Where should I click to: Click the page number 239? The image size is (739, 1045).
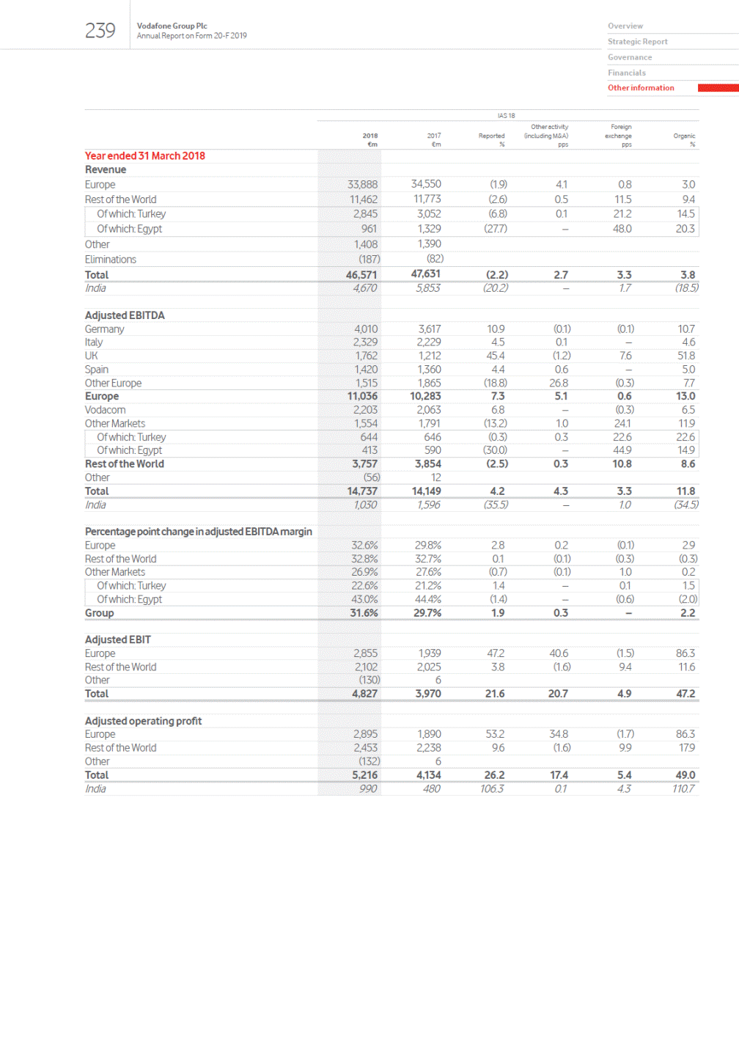click(100, 30)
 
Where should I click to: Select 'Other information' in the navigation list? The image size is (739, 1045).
click(641, 88)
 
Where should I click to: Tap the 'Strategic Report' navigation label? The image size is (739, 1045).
click(637, 42)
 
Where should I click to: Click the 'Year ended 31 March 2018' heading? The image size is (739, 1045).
click(144, 155)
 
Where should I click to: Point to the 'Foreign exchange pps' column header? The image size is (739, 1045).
click(619, 136)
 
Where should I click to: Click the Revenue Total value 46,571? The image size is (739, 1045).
click(361, 275)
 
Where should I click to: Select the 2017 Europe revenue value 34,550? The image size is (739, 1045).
click(426, 184)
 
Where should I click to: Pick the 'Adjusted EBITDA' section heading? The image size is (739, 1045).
click(125, 315)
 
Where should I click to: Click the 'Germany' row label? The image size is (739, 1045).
click(104, 329)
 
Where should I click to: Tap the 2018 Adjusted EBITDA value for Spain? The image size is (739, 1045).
click(366, 370)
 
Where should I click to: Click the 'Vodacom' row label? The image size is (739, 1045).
click(105, 410)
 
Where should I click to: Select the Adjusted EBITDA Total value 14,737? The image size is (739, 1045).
click(362, 491)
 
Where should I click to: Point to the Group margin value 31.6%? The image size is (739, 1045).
click(364, 613)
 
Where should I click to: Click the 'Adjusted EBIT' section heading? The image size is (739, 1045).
click(117, 639)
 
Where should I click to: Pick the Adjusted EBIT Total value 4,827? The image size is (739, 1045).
click(364, 694)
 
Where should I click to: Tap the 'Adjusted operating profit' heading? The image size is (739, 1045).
click(143, 721)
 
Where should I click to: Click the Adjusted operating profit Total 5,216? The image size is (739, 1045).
click(364, 775)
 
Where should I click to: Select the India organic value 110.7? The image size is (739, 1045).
click(683, 789)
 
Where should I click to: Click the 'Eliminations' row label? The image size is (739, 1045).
click(110, 260)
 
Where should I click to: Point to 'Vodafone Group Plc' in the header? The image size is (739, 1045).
click(172, 26)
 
